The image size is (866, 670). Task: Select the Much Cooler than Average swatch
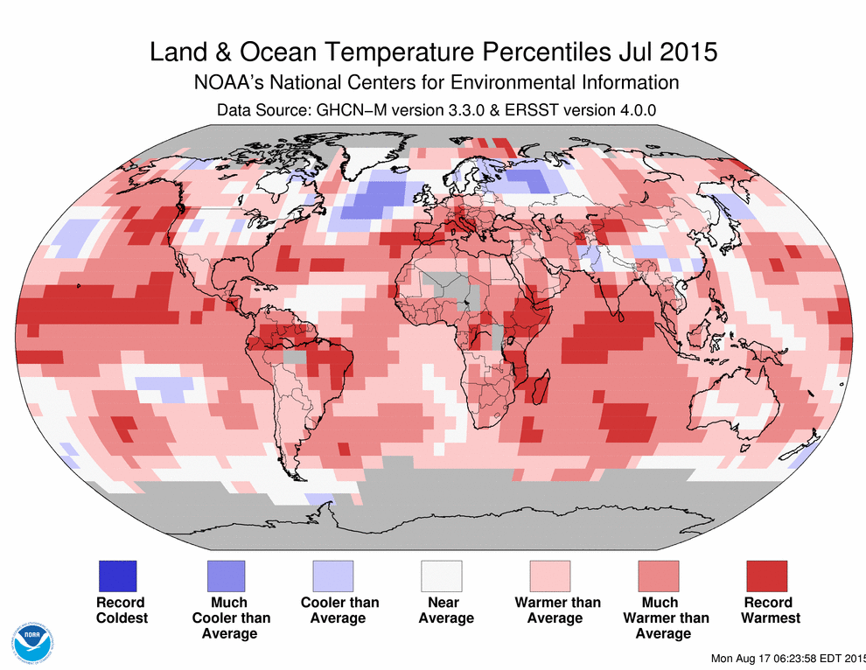point(226,576)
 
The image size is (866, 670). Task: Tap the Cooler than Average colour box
point(334,576)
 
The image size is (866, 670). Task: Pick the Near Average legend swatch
point(443,576)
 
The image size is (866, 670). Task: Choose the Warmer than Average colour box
point(550,576)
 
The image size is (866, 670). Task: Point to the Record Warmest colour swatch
point(767,576)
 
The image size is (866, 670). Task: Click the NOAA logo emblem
point(31,643)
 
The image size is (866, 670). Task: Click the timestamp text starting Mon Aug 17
point(787,658)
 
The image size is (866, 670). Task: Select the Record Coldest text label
point(121,610)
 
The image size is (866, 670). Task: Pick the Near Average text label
point(446,610)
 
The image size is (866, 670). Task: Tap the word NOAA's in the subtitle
point(226,83)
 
